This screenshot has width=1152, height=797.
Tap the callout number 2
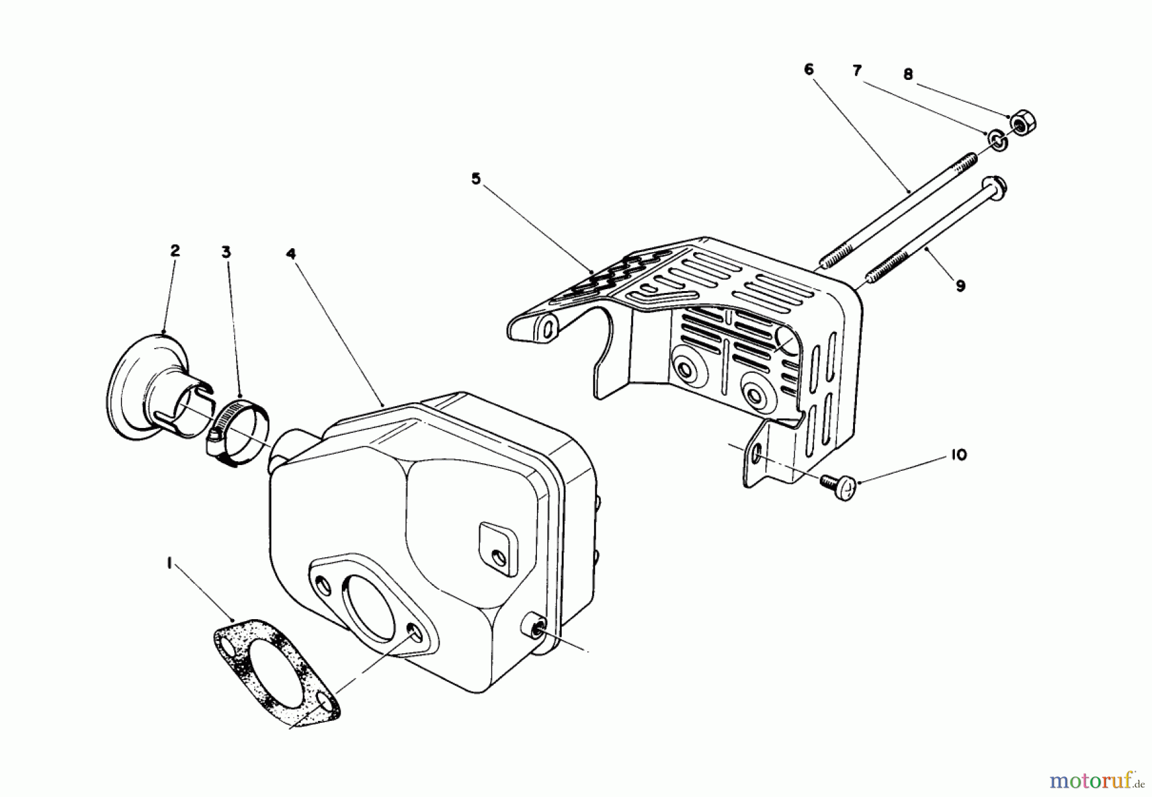point(175,250)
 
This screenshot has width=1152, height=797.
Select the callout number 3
point(226,253)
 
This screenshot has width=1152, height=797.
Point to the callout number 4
point(291,254)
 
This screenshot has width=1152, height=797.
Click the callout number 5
point(476,179)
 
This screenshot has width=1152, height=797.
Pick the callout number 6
point(808,69)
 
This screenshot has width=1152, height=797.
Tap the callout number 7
point(858,70)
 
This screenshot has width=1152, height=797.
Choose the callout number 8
point(908,75)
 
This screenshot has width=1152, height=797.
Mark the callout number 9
point(960,286)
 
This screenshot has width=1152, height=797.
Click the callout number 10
point(958,455)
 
